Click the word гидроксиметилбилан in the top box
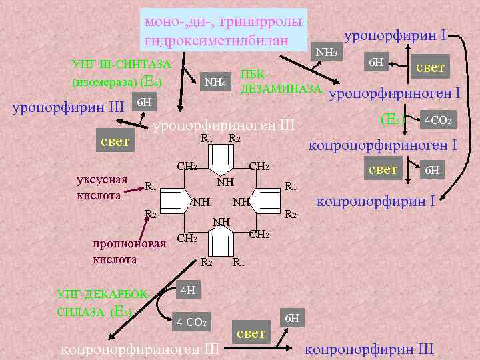click(x=216, y=41)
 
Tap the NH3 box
click(x=326, y=52)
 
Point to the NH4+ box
click(x=217, y=81)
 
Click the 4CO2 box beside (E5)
click(x=439, y=121)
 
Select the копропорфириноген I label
click(x=381, y=145)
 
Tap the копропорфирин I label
click(x=375, y=199)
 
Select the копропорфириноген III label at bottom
click(x=139, y=348)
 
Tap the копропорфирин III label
click(x=369, y=348)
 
